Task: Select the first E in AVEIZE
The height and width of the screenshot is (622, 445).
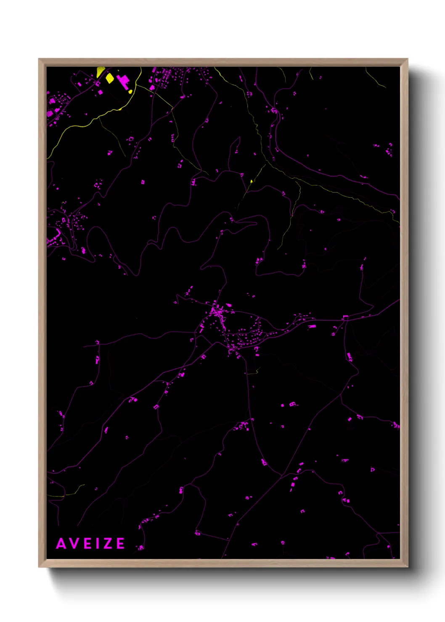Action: tap(88, 543)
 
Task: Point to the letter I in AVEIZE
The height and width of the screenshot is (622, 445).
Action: tap(98, 543)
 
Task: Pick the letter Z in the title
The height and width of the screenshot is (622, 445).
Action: tap(108, 543)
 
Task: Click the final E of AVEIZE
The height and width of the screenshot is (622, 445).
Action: tap(120, 543)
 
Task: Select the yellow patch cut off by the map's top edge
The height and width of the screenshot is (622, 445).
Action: tap(101, 71)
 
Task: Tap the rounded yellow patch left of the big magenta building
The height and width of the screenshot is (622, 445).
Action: tap(110, 78)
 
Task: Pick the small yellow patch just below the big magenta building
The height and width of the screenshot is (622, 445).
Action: tap(130, 91)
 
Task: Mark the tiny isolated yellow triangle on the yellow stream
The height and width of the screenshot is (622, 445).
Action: tap(251, 182)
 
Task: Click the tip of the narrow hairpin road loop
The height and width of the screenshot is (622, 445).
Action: tap(256, 223)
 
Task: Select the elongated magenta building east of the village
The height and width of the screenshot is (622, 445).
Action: tap(312, 326)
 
